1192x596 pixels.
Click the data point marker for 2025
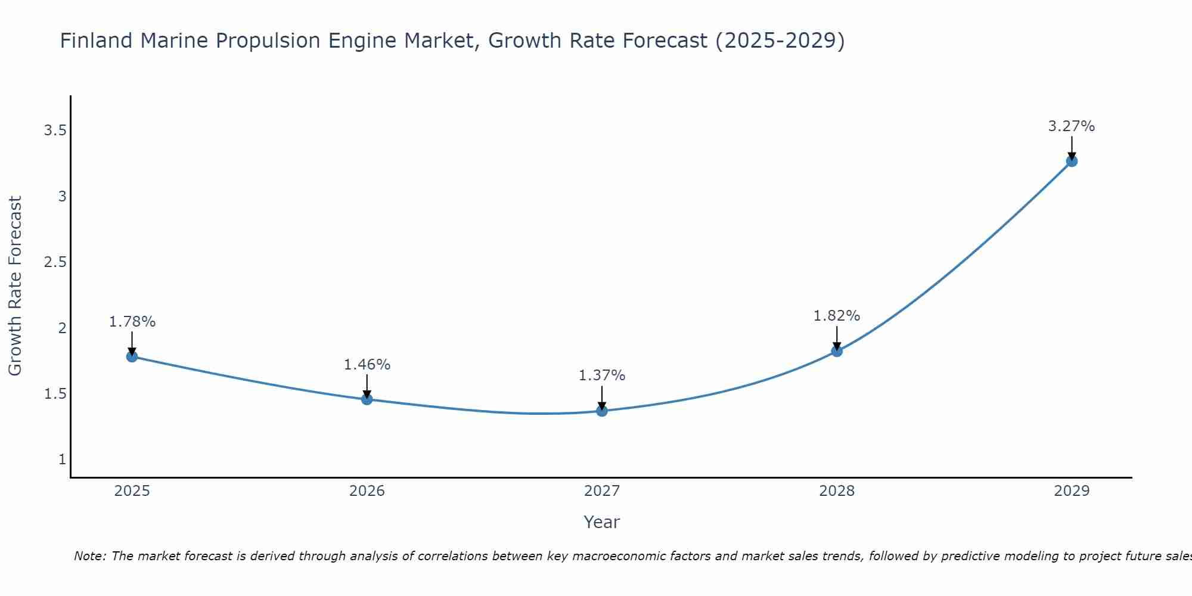coord(132,356)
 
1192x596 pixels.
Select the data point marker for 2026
coord(367,399)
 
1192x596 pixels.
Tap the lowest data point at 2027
coord(602,411)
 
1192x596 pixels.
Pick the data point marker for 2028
coord(837,351)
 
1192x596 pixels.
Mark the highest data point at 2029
coord(1072,161)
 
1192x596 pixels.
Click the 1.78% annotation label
coord(132,322)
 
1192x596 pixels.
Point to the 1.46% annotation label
coord(367,365)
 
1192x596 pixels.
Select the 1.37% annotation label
coord(602,375)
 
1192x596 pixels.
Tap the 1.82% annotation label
coord(837,316)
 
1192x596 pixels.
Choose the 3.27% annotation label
coord(1072,126)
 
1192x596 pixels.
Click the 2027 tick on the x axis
coord(602,491)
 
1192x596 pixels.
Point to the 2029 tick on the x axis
coord(1072,491)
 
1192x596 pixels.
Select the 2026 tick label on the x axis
coord(367,491)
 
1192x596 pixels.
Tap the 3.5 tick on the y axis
coord(55,131)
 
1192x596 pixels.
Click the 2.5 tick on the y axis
coord(55,262)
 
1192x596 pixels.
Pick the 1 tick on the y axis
coord(62,460)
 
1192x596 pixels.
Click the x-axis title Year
coord(602,522)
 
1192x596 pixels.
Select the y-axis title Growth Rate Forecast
coord(15,286)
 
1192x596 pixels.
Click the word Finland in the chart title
coord(96,41)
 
